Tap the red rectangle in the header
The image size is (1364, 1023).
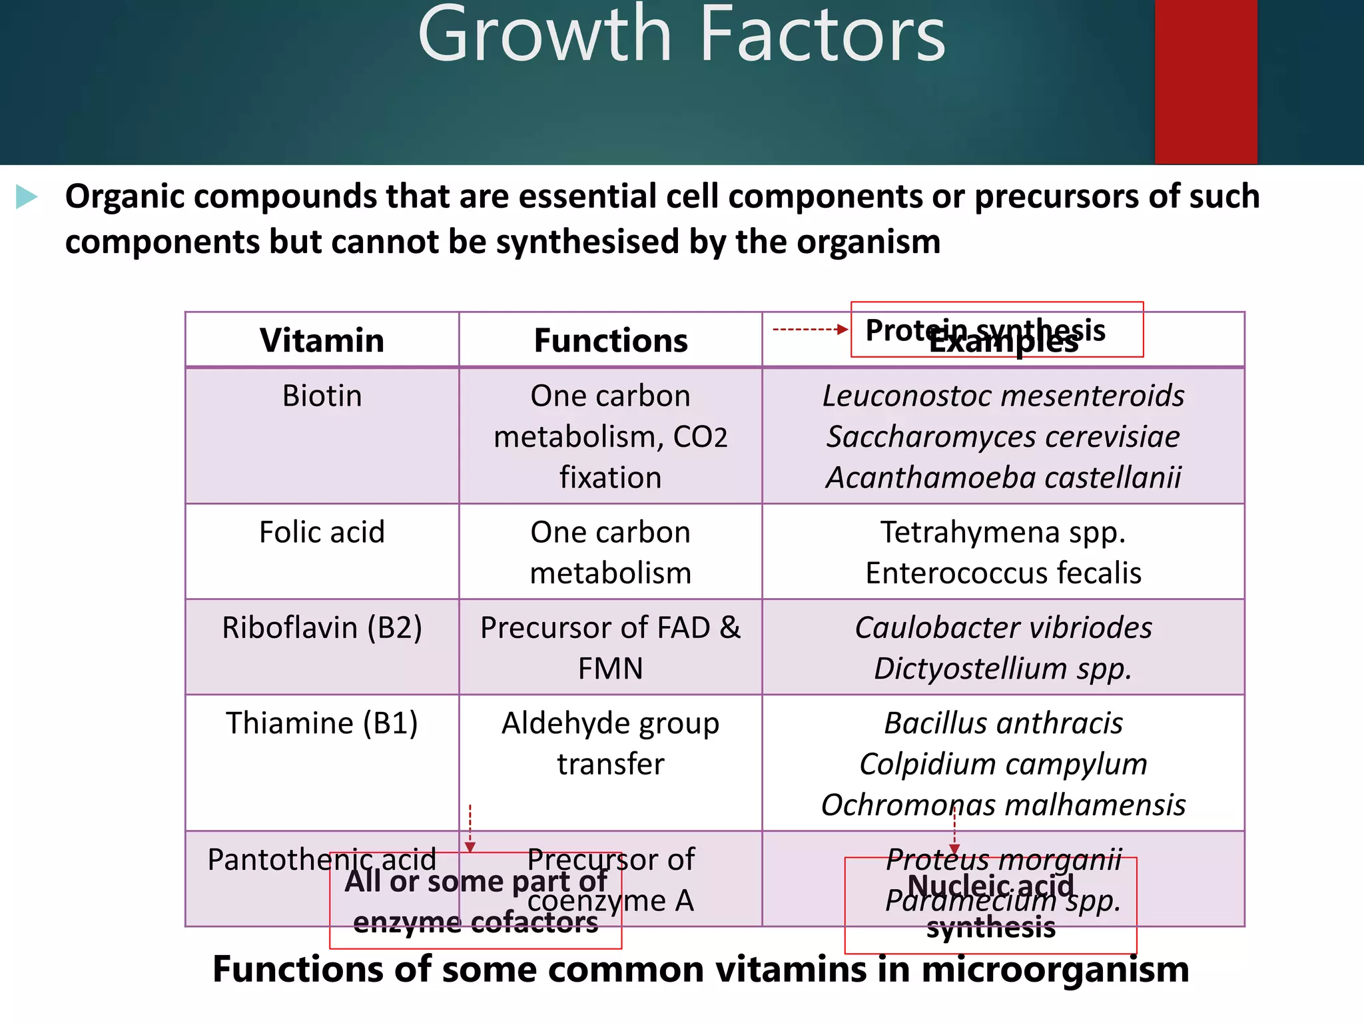click(1205, 81)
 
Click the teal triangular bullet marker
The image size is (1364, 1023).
click(26, 197)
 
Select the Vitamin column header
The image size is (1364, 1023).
click(322, 340)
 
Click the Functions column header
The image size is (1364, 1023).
click(610, 340)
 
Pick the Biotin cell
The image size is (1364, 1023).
click(322, 396)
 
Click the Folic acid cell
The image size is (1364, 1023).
click(322, 532)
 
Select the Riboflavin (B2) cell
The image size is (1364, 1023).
click(322, 627)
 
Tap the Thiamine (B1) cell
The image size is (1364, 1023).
click(322, 723)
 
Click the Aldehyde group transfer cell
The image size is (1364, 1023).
click(610, 743)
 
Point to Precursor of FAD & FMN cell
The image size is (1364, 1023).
click(610, 647)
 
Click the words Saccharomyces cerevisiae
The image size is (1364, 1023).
click(1003, 437)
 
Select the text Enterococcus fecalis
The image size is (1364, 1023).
click(1003, 573)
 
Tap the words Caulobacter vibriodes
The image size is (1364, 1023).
click(1003, 627)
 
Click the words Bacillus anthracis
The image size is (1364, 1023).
click(1003, 723)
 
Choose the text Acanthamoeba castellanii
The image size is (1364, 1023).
click(1003, 478)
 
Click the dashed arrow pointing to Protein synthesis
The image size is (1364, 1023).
click(809, 329)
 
